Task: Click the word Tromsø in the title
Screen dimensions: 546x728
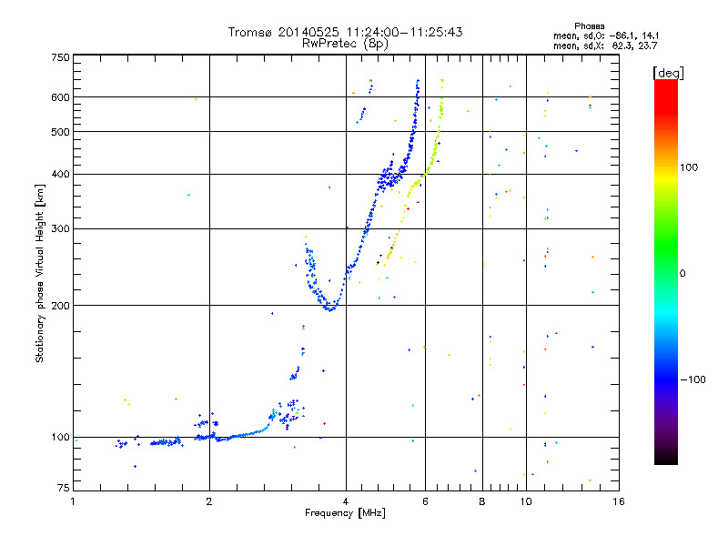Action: [250, 32]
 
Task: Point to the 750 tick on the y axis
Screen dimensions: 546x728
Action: [60, 56]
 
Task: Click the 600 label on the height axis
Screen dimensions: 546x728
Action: [60, 96]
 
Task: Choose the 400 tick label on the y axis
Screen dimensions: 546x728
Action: [60, 174]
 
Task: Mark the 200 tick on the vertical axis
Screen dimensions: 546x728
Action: [60, 305]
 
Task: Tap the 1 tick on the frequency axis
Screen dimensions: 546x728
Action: [73, 501]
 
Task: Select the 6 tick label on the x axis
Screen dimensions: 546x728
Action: [425, 501]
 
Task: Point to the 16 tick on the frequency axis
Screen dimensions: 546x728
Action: [618, 501]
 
